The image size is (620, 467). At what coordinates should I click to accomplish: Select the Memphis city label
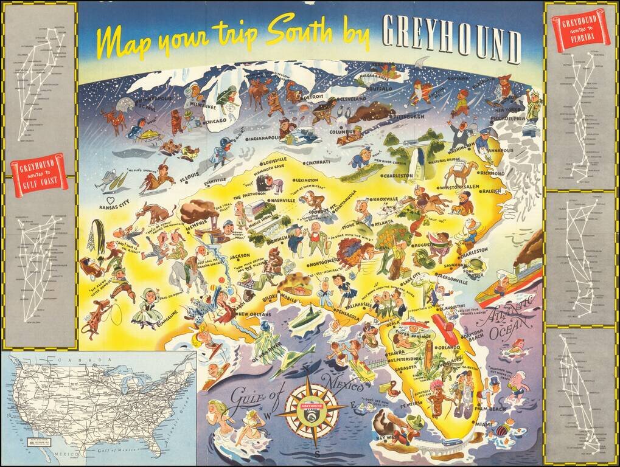[198, 223]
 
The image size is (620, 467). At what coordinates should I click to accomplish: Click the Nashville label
[283, 200]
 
